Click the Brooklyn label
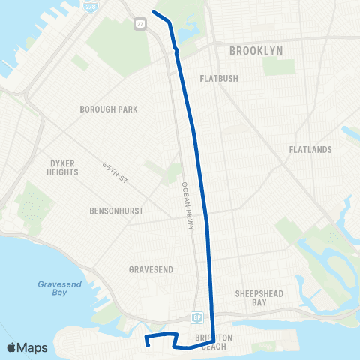click(256, 50)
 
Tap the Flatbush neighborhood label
click(218, 78)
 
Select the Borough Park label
click(109, 109)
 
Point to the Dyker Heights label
click(63, 167)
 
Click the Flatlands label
click(310, 150)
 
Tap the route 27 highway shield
click(140, 24)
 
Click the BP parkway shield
click(196, 317)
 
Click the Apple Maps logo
click(26, 347)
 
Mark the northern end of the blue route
click(154, 12)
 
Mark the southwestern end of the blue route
click(147, 345)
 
